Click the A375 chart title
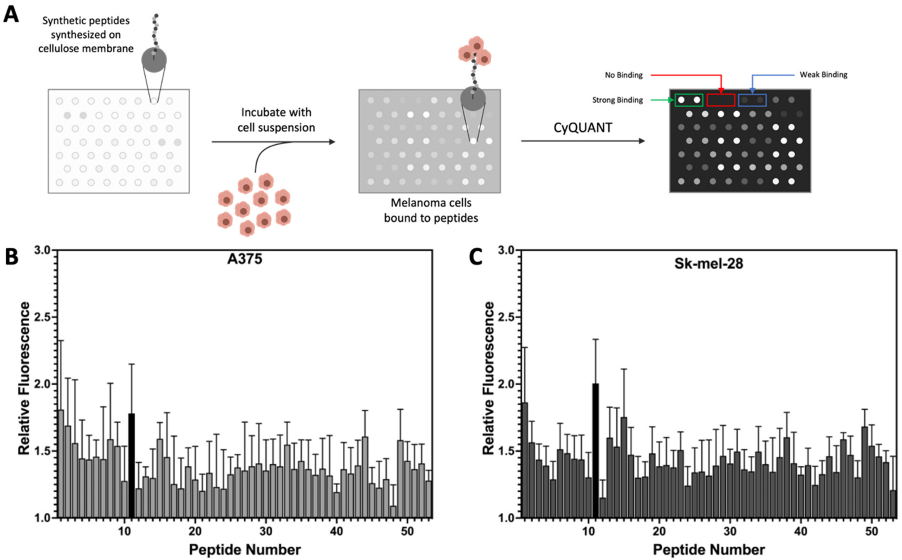[x=245, y=259]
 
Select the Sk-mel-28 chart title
[x=708, y=263]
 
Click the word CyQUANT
[x=583, y=128]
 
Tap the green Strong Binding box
[x=689, y=100]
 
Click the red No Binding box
[x=721, y=100]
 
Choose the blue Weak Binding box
[x=752, y=100]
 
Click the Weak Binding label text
[x=823, y=75]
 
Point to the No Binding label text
[x=624, y=75]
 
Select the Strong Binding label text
[x=618, y=100]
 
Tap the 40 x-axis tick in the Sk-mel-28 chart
[x=801, y=531]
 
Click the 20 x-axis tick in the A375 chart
[x=195, y=531]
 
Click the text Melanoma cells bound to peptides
[x=431, y=210]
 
